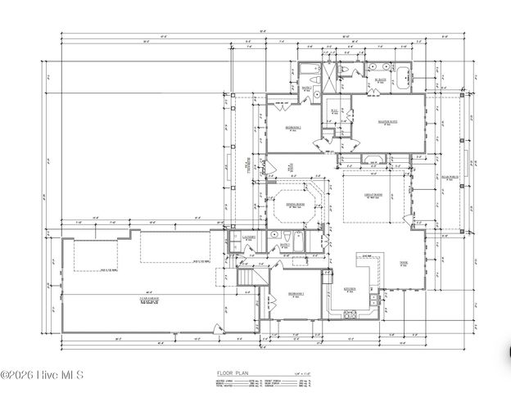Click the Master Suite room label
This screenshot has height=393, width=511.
[387, 122]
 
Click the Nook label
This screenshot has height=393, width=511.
[404, 263]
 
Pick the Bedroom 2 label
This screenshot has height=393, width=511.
[293, 128]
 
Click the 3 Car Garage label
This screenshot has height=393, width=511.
[149, 300]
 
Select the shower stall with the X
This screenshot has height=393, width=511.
[327, 74]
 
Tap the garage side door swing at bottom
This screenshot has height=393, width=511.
[217, 328]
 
